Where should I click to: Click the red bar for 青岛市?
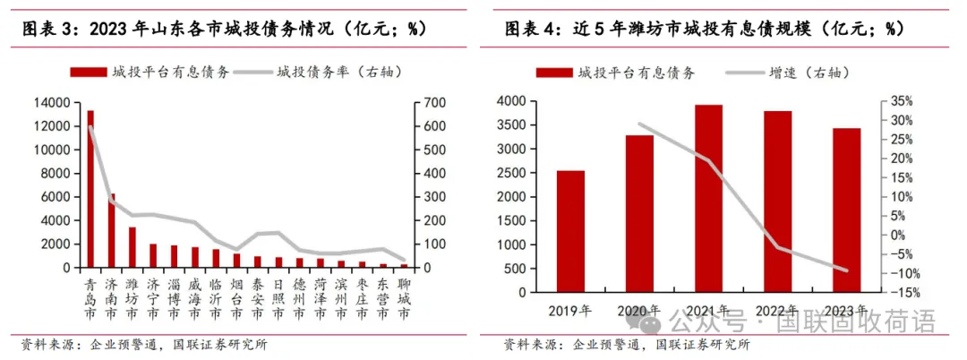(90, 189)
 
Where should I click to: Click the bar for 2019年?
(570, 231)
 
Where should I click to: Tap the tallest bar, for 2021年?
(708, 198)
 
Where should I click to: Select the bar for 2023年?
(846, 210)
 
